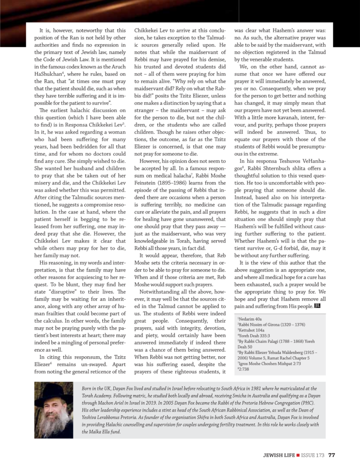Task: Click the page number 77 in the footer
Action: point(332,456)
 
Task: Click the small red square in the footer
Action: point(299,456)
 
